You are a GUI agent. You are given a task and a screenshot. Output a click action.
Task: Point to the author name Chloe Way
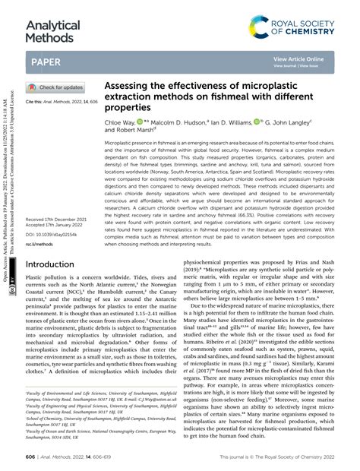(x=120, y=122)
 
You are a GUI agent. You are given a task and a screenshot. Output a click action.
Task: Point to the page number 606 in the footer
(x=31, y=459)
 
